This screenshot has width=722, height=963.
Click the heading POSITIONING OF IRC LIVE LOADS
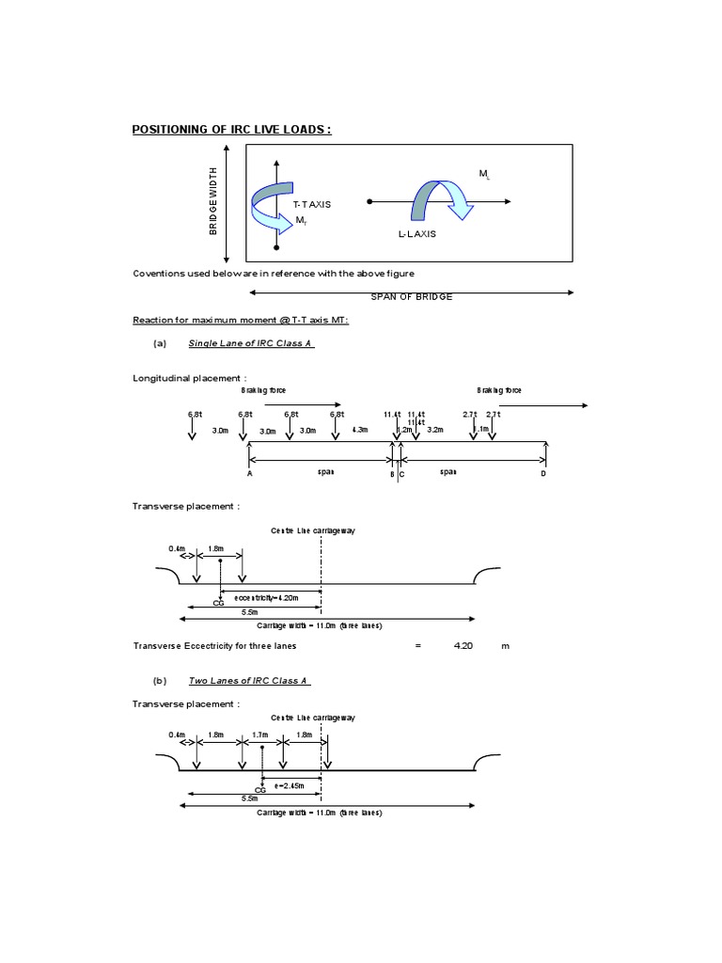click(231, 130)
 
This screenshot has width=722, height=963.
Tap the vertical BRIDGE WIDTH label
click(213, 201)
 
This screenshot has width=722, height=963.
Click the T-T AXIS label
click(311, 203)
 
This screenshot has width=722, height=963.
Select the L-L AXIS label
click(417, 235)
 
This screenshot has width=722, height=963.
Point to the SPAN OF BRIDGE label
click(412, 297)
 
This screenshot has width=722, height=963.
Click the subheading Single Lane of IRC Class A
click(251, 343)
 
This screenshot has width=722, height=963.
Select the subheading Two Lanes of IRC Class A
click(249, 680)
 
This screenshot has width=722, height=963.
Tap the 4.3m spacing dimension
click(360, 430)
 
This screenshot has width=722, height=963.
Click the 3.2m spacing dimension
click(434, 430)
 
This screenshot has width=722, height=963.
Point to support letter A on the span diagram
click(250, 475)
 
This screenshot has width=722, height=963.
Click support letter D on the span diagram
click(542, 475)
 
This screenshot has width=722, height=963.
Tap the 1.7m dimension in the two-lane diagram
click(260, 734)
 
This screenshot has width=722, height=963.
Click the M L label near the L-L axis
click(484, 174)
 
